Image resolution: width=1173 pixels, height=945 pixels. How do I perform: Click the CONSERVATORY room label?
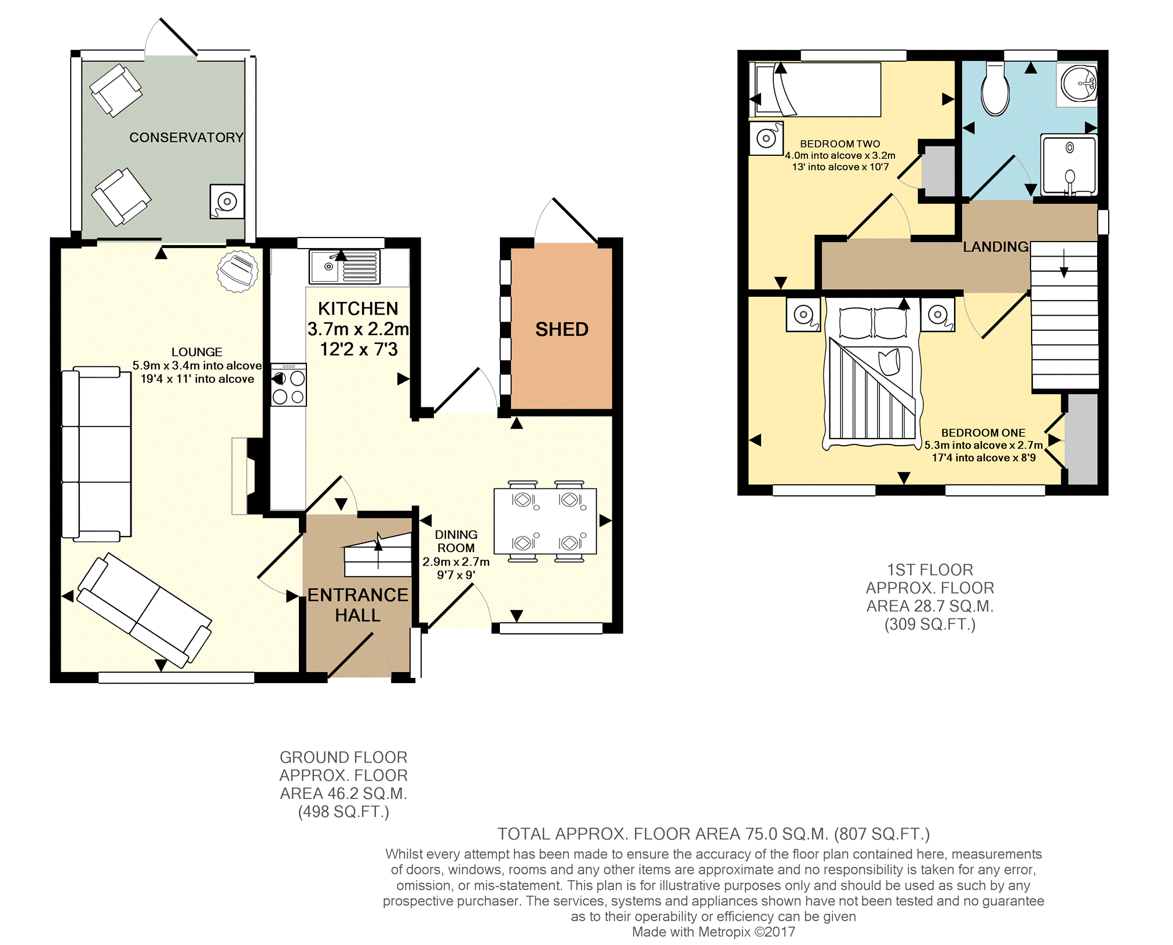coord(187,137)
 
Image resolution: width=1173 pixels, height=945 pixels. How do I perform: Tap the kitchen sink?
coord(345,267)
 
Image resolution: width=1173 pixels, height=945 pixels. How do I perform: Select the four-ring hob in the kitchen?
coord(288,385)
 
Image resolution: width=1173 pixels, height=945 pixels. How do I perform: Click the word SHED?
coord(562,329)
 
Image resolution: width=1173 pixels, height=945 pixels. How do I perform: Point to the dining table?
coord(545,521)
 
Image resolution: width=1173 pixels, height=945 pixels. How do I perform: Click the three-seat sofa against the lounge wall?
coord(97,454)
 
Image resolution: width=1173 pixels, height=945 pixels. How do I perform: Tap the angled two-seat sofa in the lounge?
coord(144,610)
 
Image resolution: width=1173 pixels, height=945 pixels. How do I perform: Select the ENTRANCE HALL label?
coord(358,605)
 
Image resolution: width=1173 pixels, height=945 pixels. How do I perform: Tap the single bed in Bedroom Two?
coord(815,90)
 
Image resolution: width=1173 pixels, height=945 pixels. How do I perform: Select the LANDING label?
coord(996,247)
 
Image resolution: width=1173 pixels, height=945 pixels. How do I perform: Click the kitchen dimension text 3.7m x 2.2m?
coord(358,329)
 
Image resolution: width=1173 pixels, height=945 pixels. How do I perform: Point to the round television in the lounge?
coord(237,271)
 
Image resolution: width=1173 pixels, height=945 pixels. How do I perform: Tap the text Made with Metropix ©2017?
coord(714,932)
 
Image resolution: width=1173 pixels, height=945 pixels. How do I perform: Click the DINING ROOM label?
coord(456,541)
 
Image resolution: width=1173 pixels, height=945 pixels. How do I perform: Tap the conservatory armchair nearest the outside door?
coord(116,90)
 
